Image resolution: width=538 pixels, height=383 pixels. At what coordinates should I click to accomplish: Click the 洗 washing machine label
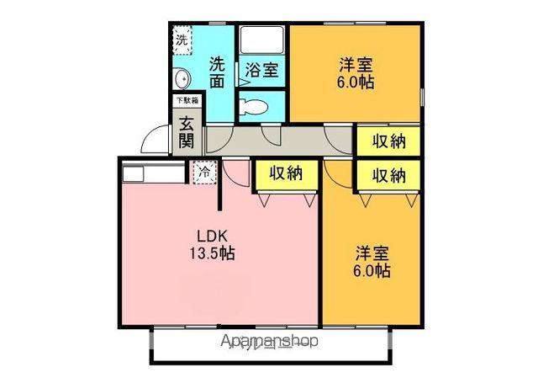pyautogui.click(x=182, y=39)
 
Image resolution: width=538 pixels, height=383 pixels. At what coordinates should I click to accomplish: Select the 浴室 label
pyautogui.click(x=262, y=70)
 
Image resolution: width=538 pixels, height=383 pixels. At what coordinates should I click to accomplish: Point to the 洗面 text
pyautogui.click(x=217, y=72)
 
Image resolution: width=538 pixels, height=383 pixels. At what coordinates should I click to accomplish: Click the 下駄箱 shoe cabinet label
pyautogui.click(x=186, y=100)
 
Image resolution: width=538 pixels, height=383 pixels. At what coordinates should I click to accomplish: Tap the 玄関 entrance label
pyautogui.click(x=187, y=130)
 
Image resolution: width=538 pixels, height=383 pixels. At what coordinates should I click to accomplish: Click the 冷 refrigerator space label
pyautogui.click(x=204, y=173)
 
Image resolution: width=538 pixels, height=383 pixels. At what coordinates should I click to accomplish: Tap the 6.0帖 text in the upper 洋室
pyautogui.click(x=356, y=82)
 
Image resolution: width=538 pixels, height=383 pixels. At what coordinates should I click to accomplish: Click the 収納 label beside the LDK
pyautogui.click(x=286, y=174)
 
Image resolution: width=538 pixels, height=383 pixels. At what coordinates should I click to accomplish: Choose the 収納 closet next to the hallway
pyautogui.click(x=389, y=141)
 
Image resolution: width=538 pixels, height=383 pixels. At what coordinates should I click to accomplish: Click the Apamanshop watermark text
pyautogui.click(x=270, y=342)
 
